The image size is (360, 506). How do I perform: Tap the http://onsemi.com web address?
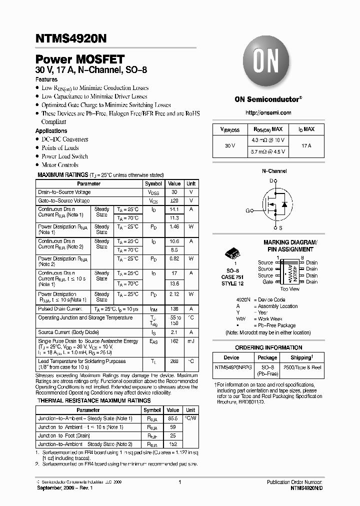pyautogui.click(x=268, y=113)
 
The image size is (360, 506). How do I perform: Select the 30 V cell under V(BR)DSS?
pyautogui.click(x=230, y=145)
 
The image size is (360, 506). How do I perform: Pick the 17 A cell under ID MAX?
pyautogui.click(x=306, y=145)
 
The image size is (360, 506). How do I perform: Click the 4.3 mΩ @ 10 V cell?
pyautogui.click(x=268, y=140)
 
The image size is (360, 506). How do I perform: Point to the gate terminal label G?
pyautogui.click(x=248, y=210)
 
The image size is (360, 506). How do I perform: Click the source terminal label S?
pyautogui.click(x=280, y=227)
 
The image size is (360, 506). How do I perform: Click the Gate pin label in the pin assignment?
pyautogui.click(x=268, y=282)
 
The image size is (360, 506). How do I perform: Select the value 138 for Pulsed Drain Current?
pyautogui.click(x=174, y=309)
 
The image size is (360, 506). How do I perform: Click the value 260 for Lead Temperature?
pyautogui.click(x=174, y=361)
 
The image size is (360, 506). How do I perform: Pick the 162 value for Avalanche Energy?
pyautogui.click(x=174, y=341)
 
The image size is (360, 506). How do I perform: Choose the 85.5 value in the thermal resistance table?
pyautogui.click(x=173, y=418)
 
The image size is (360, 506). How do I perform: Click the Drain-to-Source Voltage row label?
pyautogui.click(x=64, y=192)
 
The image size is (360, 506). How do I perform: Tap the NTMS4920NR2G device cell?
pyautogui.click(x=231, y=367)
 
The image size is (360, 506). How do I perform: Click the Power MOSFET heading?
pyautogui.click(x=80, y=59)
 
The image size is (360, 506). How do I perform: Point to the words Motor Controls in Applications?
pyautogui.click(x=60, y=165)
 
